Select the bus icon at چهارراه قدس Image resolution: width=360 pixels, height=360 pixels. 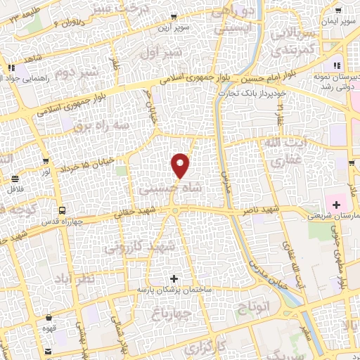tap(63, 210)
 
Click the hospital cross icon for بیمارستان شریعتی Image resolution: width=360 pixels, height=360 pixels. tap(337, 205)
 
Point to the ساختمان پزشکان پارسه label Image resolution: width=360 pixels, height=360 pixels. tap(175, 290)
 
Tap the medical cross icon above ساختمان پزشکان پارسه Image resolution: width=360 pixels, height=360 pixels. tap(175, 278)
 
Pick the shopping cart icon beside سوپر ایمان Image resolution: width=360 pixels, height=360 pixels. tap(339, 11)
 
